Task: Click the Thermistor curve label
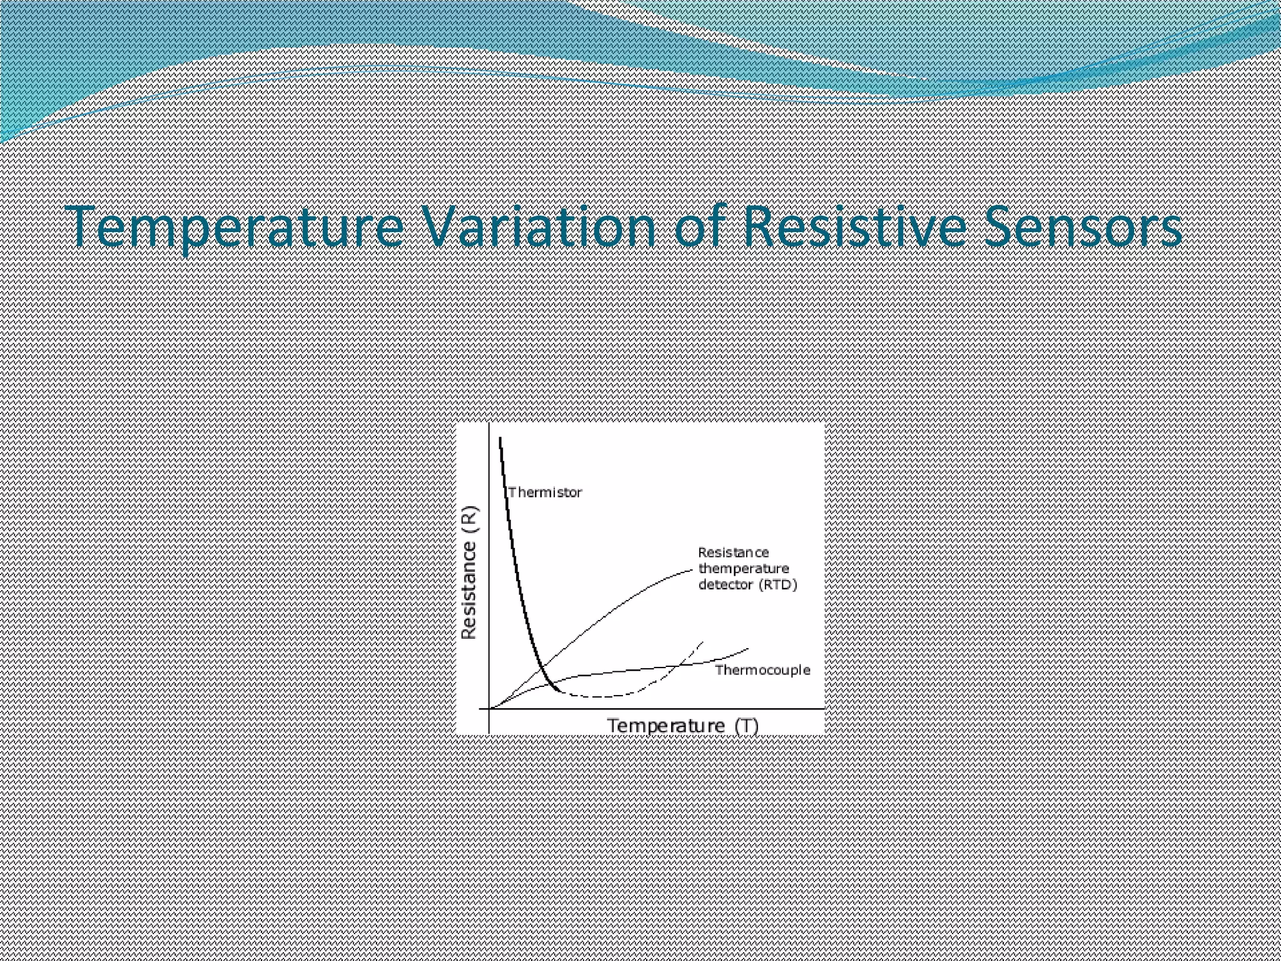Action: (x=545, y=492)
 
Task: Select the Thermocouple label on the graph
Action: (x=762, y=670)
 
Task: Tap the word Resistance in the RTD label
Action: (x=733, y=552)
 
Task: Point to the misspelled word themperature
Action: (x=743, y=569)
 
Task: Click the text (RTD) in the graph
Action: (x=778, y=585)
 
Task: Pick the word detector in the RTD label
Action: (x=726, y=585)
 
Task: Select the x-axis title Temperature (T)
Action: (x=682, y=726)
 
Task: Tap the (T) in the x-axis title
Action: (x=747, y=726)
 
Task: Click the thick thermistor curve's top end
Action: (x=501, y=439)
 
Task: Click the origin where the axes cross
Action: (x=489, y=709)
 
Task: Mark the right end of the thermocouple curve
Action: (x=748, y=649)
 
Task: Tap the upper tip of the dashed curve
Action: (x=703, y=643)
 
